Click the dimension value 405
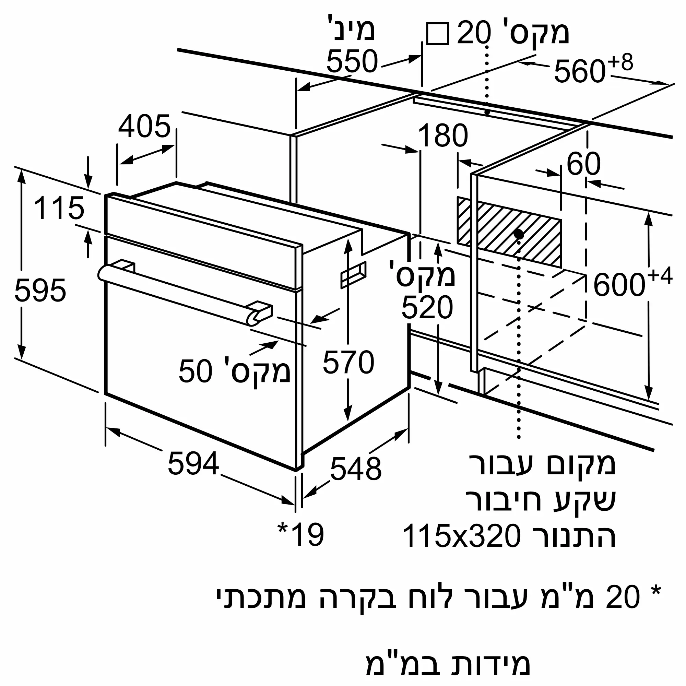pos(144,127)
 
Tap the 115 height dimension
pos(59,208)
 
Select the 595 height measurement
pos(40,291)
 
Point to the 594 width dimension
pos(193,463)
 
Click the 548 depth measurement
pos(355,469)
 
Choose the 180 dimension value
pos(443,135)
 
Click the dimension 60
pos(583,164)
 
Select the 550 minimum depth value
pos(352,61)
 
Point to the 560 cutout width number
pos(579,71)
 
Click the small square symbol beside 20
pos(437,34)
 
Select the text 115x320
pos(462,536)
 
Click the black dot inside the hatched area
pos(518,234)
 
